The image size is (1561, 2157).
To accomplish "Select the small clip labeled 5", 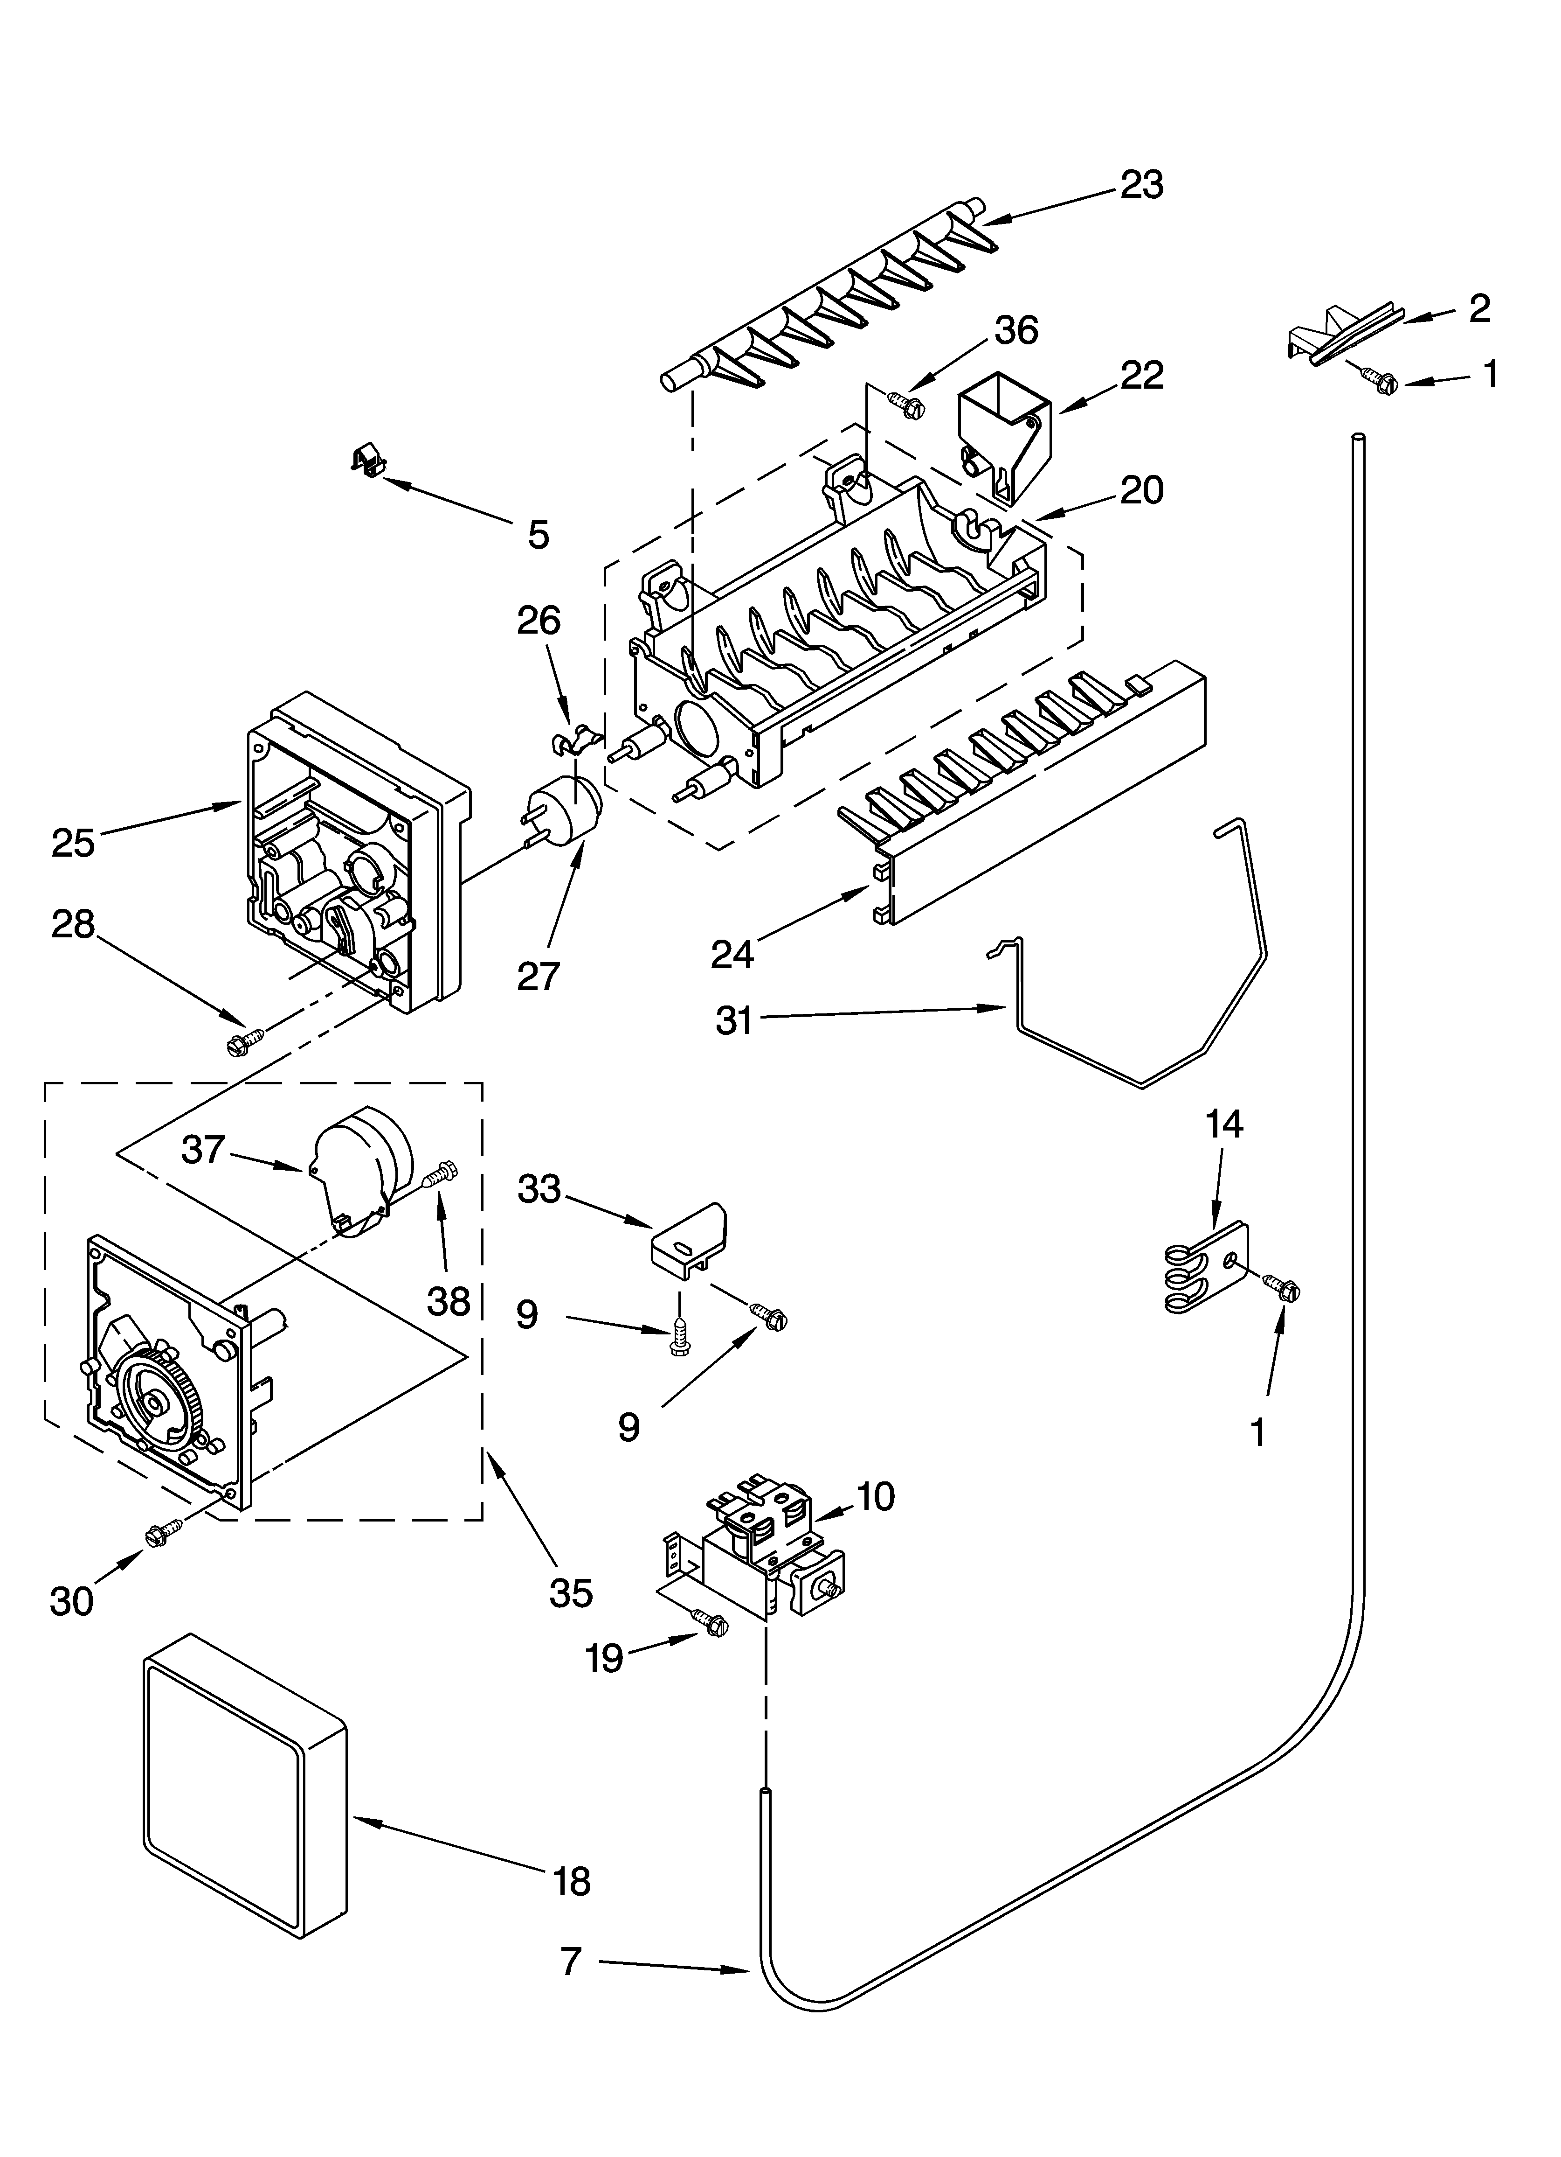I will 367,461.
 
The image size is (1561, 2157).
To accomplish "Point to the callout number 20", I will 1141,491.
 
